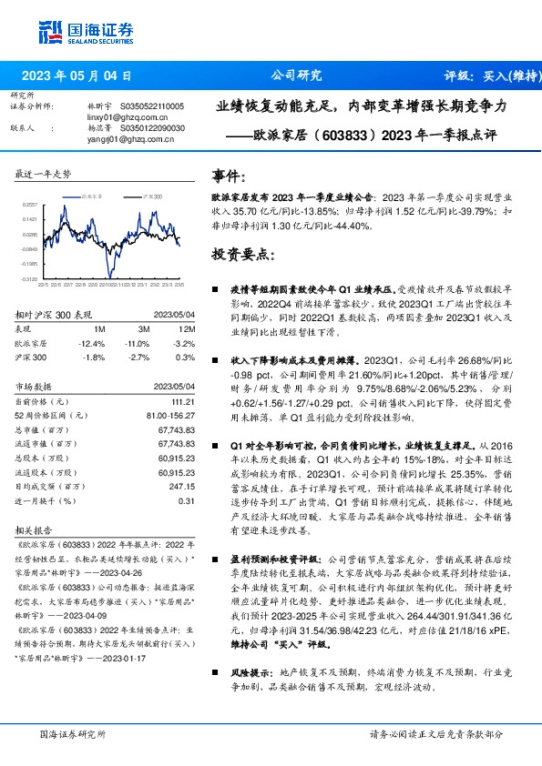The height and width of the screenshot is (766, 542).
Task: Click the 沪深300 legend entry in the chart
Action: [x=150, y=196]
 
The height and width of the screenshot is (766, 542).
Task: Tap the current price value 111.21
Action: [x=182, y=401]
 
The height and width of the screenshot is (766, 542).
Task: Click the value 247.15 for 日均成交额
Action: [x=182, y=488]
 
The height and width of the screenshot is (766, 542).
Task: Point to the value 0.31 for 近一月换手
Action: [x=187, y=500]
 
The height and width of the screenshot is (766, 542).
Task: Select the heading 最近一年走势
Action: [x=43, y=173]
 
